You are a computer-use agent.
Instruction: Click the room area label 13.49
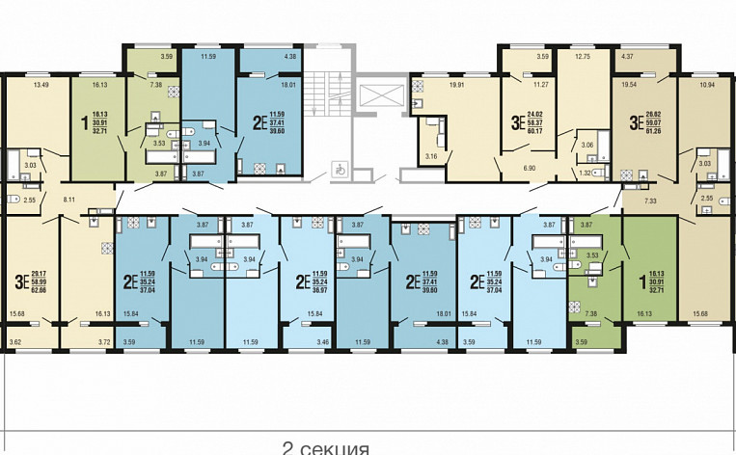pos(40,85)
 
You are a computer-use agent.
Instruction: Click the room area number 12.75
pos(582,56)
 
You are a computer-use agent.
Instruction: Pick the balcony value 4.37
pos(628,56)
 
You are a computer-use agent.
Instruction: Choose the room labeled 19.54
pos(628,85)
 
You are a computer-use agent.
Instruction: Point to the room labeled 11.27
pos(542,85)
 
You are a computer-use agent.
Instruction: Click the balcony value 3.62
pos(14,342)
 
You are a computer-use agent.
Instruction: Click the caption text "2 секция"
pos(326,448)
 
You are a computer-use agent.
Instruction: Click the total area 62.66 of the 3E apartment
pos(38,288)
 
